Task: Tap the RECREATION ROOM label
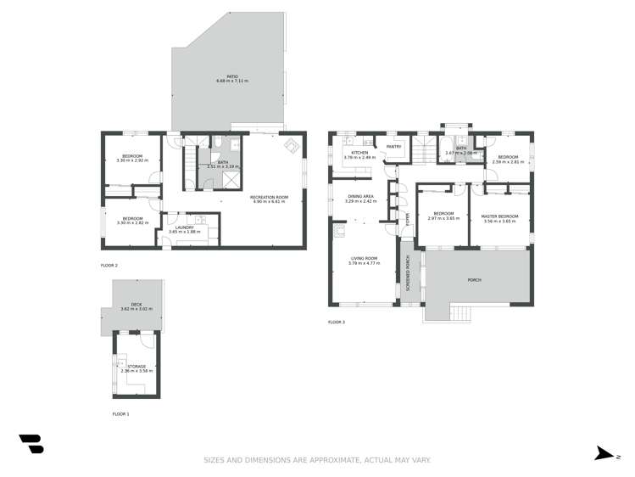point(269,198)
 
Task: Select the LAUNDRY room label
point(185,227)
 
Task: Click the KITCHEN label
point(352,153)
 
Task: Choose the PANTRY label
point(393,147)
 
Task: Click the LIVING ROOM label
point(363,259)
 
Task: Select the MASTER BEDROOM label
point(500,216)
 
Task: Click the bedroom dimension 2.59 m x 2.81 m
point(508,161)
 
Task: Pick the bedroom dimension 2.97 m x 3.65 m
point(443,219)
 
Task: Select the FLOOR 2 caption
point(109,266)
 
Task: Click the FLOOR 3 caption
point(337,323)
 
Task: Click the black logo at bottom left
point(31,443)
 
